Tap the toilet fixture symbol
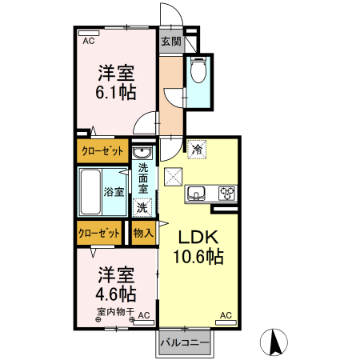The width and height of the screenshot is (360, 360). click(x=198, y=73)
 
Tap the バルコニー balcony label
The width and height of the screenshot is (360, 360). click(x=184, y=342)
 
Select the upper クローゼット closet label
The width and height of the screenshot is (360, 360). click(x=102, y=150)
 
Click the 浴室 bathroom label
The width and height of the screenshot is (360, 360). click(x=114, y=191)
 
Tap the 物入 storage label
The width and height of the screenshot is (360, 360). click(x=143, y=233)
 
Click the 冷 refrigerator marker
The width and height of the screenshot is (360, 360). click(x=198, y=148)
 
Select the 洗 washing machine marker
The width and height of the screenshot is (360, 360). click(x=142, y=206)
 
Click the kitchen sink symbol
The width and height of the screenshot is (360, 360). click(x=197, y=193)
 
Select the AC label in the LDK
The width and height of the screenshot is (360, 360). click(x=225, y=316)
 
